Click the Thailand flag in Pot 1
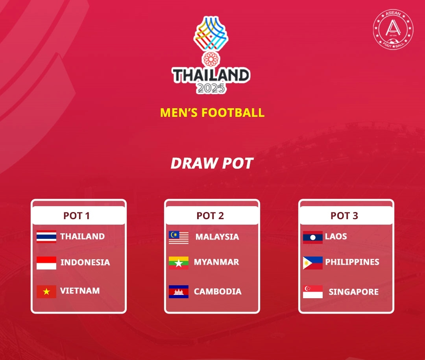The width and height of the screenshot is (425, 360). click(46, 236)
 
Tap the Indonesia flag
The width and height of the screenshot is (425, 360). click(46, 263)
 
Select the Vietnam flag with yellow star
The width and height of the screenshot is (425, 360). click(46, 292)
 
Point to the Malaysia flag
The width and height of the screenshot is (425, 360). click(179, 237)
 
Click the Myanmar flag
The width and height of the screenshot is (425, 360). click(179, 263)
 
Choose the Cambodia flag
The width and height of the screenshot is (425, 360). click(179, 292)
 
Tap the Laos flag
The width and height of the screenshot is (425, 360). click(313, 237)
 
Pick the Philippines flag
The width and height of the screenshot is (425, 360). click(313, 263)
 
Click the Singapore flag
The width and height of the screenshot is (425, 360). click(313, 292)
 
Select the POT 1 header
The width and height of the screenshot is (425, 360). click(77, 216)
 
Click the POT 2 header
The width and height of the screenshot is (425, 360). click(210, 216)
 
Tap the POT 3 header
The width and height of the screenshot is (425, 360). click(344, 216)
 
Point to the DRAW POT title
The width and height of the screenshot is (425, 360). click(212, 163)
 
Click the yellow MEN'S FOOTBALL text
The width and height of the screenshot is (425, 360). click(212, 113)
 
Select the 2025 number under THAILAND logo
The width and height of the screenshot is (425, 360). click(211, 88)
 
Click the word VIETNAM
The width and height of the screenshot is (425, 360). click(80, 291)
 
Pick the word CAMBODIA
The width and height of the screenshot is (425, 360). click(218, 292)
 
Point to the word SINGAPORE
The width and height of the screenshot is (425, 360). click(353, 292)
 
